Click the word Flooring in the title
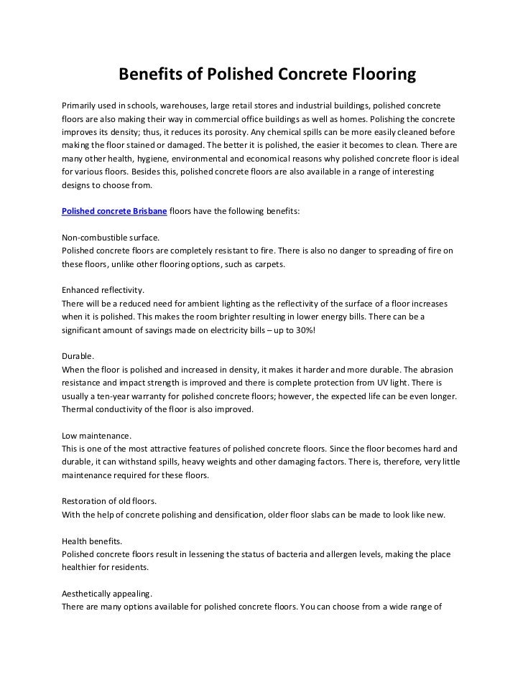(383, 75)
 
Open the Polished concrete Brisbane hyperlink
(114, 213)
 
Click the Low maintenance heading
(96, 436)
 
